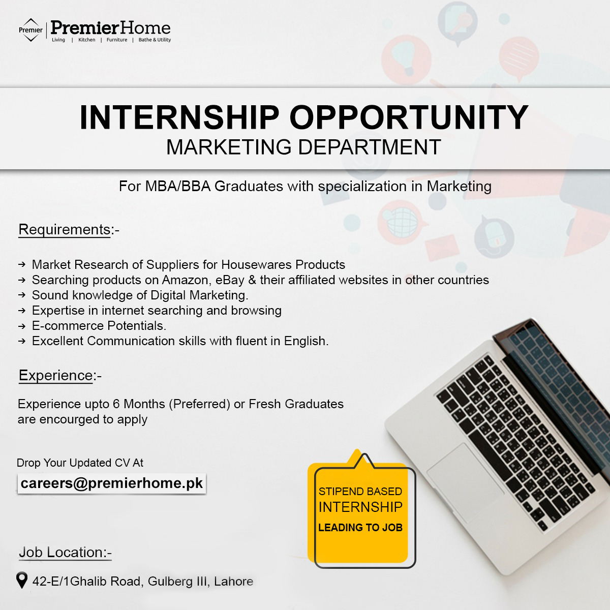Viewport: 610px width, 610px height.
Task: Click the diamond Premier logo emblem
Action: tap(30, 30)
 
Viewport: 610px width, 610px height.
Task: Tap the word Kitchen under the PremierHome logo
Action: tap(87, 40)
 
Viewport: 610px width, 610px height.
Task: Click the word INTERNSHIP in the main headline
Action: tap(179, 118)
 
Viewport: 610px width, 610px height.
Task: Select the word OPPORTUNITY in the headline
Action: tap(409, 118)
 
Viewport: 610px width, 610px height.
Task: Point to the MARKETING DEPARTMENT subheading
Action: tap(303, 147)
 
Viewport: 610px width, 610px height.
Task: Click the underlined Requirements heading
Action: tap(65, 230)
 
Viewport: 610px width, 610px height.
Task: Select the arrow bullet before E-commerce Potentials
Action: tap(21, 326)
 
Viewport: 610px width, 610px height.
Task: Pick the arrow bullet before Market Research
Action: tap(21, 265)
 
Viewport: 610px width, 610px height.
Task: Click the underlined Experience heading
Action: tap(56, 376)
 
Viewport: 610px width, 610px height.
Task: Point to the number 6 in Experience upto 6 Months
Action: tap(116, 404)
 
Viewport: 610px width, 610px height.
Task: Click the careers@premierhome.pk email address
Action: tap(112, 483)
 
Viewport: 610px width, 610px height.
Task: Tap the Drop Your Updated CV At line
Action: tap(80, 463)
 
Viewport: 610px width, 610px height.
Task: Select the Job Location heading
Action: tap(62, 553)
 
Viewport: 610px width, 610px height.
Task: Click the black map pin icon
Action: tap(21, 579)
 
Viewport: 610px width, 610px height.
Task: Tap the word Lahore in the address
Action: tap(233, 582)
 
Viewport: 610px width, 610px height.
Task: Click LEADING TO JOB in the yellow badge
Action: tap(360, 528)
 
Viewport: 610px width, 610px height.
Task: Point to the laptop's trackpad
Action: tap(465, 473)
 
